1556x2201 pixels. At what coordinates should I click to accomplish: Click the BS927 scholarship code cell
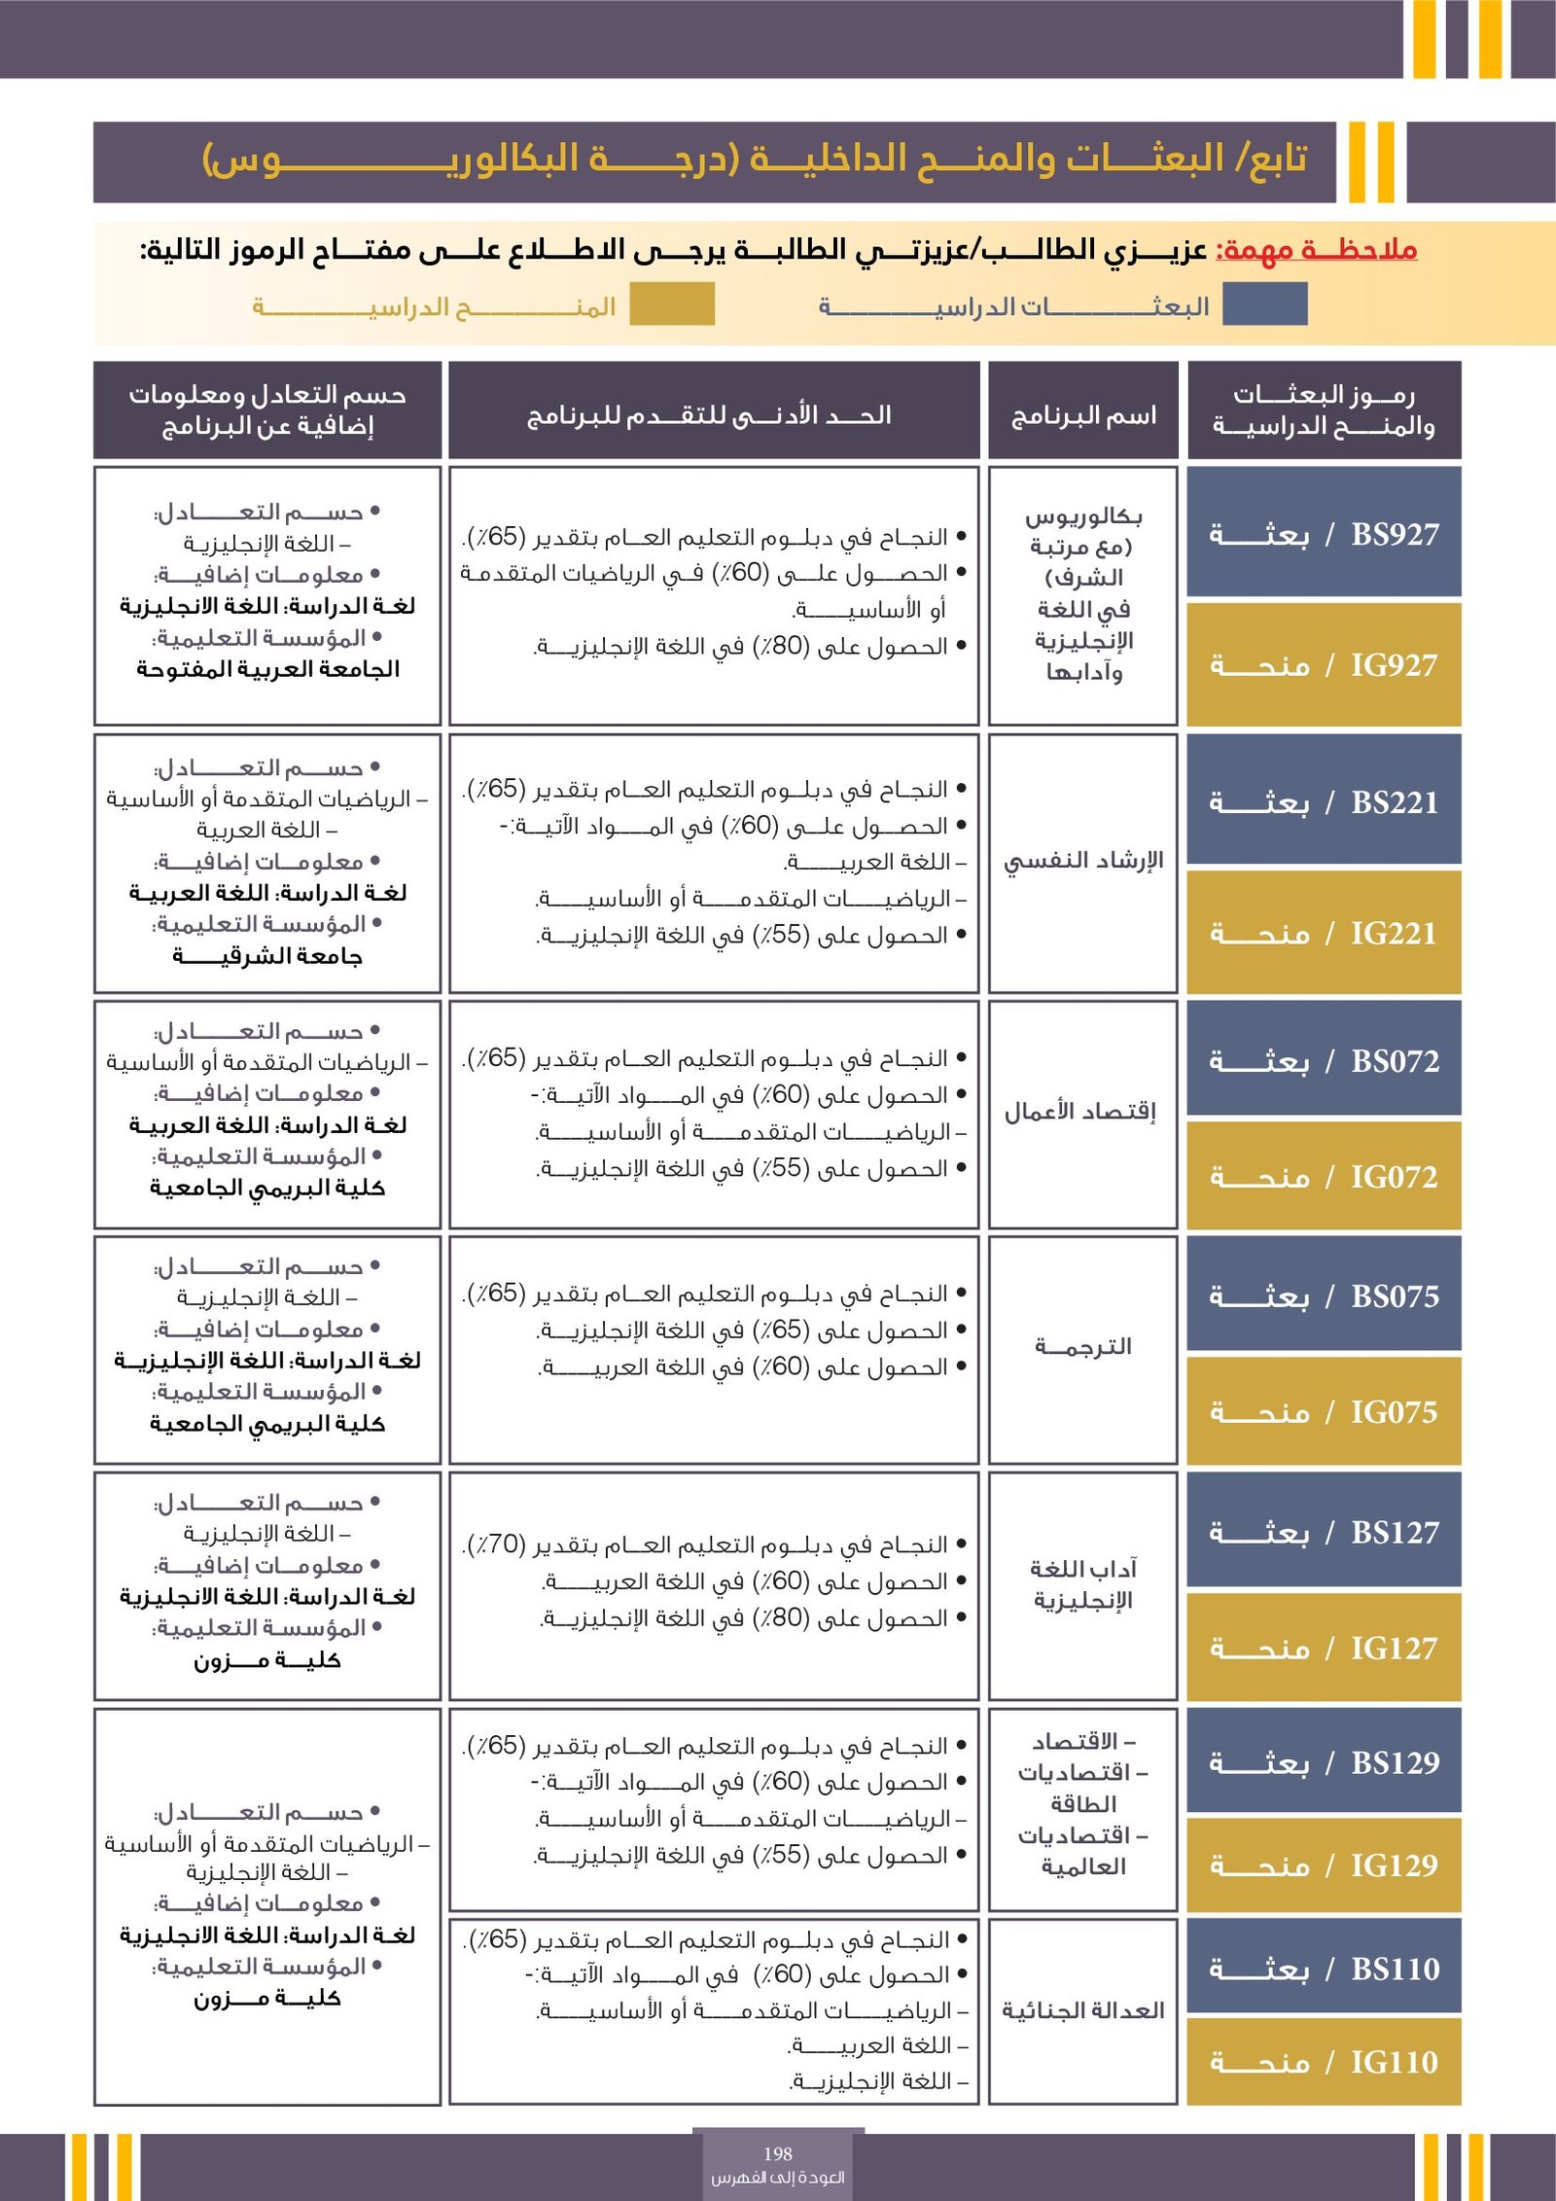(1324, 533)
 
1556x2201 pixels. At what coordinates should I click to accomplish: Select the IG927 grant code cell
(1324, 665)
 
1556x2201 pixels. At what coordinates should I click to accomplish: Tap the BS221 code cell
(1324, 801)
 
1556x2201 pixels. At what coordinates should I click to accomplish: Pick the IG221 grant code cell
(1324, 933)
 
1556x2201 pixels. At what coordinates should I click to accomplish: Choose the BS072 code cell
(1324, 1060)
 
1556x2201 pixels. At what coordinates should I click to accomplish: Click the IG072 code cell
(1324, 1177)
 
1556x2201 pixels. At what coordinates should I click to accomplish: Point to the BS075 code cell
(1324, 1296)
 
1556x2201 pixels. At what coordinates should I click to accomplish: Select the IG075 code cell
(1324, 1411)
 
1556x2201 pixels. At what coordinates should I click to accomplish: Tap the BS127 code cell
(1324, 1532)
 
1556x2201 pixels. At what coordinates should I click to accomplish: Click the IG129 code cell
(1324, 1864)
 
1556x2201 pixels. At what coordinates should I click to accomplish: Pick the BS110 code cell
(1324, 1969)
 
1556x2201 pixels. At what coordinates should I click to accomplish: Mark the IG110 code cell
(1324, 2061)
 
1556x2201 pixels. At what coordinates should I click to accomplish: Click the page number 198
(778, 2153)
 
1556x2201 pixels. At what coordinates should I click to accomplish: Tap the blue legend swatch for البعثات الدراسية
(1264, 304)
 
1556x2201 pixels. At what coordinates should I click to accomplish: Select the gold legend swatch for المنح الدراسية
(672, 304)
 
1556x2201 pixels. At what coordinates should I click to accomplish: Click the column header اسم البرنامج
(1083, 416)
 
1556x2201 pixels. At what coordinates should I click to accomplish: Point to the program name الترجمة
(1083, 1347)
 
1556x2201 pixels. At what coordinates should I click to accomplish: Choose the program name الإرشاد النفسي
(1083, 861)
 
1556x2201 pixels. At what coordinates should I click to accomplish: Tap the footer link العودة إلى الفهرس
(778, 2178)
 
